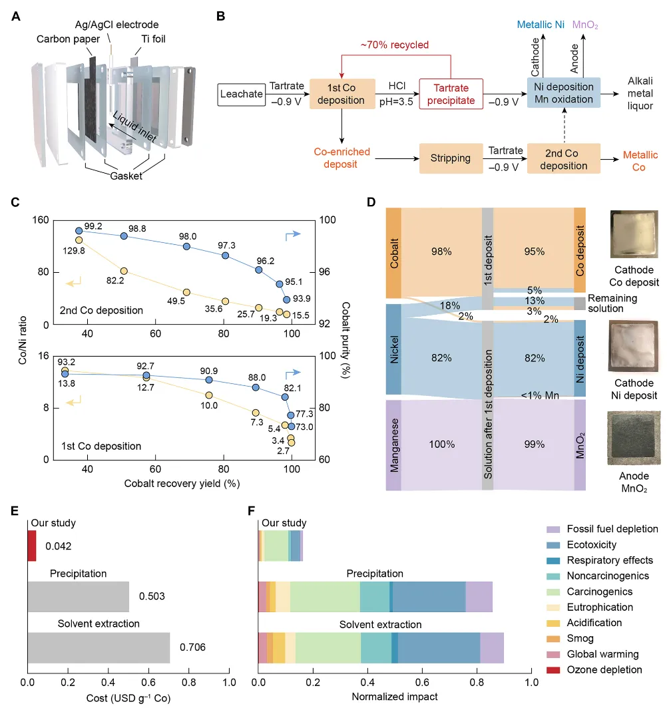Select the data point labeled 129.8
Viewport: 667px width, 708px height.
point(79,240)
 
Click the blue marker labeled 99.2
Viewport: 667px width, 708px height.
point(79,231)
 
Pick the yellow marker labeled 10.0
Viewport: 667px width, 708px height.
point(209,395)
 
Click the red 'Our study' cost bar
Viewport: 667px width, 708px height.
point(31,546)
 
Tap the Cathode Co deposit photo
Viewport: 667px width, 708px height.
point(632,234)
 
